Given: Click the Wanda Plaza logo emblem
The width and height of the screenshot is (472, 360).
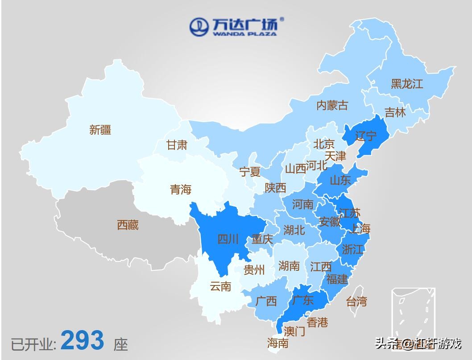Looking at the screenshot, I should (199, 27).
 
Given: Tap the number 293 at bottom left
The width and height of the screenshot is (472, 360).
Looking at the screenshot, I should (83, 340).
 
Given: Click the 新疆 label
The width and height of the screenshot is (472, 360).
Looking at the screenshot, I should (100, 130).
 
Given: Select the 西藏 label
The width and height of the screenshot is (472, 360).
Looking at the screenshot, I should (128, 225).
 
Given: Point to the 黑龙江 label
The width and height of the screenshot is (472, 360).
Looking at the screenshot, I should (407, 84).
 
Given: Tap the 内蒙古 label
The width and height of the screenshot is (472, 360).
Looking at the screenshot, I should (332, 106).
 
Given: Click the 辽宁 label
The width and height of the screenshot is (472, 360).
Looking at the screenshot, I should (366, 136).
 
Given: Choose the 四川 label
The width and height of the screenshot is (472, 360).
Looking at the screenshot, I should (228, 240).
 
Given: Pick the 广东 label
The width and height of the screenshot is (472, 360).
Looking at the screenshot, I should (302, 300).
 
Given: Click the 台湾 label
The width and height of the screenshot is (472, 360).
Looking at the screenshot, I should (356, 301).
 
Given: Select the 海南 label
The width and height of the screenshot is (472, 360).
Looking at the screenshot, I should (277, 343).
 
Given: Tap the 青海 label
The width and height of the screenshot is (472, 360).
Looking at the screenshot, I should (181, 190).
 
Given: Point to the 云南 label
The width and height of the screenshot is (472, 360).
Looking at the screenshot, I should (220, 286).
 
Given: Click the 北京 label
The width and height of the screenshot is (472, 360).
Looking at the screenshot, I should (323, 144).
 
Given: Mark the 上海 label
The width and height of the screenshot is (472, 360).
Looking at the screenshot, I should (360, 229).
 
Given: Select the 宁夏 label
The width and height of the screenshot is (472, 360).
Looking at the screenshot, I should (250, 172).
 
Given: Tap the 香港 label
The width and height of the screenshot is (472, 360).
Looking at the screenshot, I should (318, 322).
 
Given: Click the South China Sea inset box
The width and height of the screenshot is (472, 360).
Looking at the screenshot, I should (413, 313).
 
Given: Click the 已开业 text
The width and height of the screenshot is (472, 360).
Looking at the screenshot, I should (33, 344).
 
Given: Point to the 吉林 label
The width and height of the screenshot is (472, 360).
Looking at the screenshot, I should (395, 112).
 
